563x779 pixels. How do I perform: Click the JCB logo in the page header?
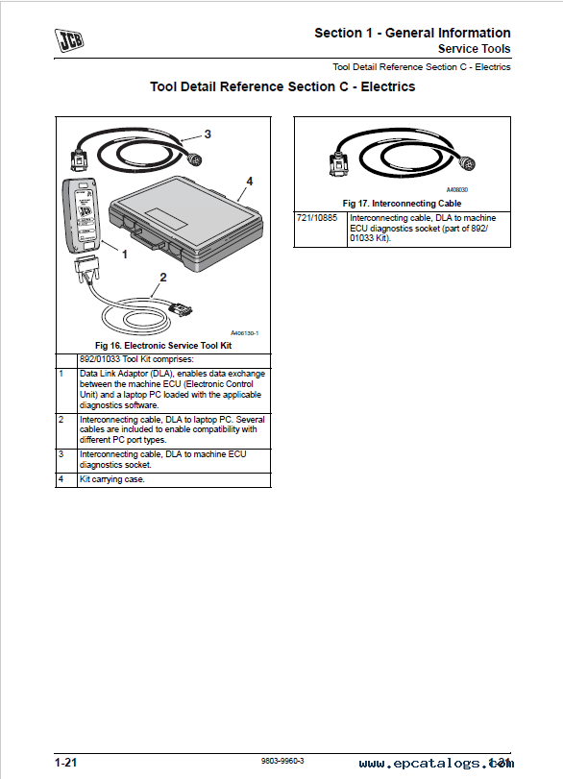click(68, 40)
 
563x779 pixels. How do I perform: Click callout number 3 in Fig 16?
click(208, 134)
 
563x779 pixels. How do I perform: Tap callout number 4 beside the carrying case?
click(250, 182)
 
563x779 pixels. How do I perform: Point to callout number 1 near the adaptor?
click(125, 255)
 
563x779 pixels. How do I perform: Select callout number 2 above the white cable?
click(163, 278)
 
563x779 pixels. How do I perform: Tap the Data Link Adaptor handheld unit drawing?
click(81, 215)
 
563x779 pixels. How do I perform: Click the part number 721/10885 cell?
click(317, 218)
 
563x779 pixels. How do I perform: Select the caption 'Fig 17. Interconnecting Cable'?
click(402, 204)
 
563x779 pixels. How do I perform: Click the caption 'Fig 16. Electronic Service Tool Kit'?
click(163, 345)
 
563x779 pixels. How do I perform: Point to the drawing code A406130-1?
click(244, 333)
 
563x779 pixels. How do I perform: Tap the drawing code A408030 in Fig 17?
click(457, 190)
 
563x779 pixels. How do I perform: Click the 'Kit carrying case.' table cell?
click(112, 479)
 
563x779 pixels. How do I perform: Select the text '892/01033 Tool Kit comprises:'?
click(136, 359)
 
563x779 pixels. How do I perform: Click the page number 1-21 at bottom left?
click(66, 763)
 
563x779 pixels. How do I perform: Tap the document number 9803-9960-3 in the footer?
click(282, 761)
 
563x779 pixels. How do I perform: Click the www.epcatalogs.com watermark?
click(436, 764)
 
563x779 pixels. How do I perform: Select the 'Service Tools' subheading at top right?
click(474, 49)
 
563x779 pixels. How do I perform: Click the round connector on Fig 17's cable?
click(466, 163)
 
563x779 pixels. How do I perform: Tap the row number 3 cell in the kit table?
click(61, 454)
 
